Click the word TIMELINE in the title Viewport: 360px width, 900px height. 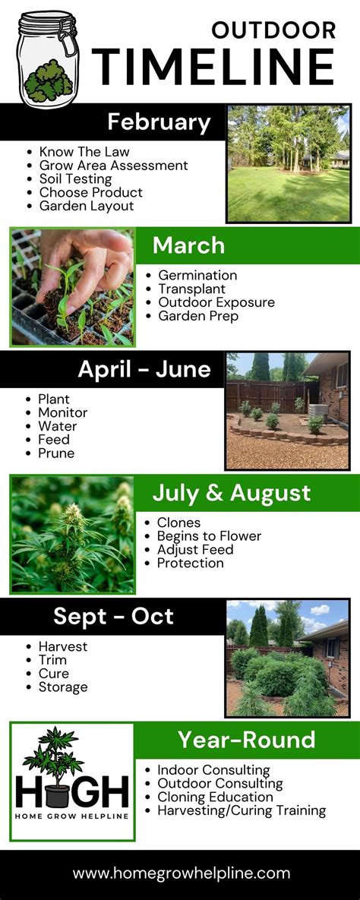pos(213,67)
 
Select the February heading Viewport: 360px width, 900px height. pos(159,123)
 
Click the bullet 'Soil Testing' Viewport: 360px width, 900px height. pos(75,179)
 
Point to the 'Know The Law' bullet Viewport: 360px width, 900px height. pos(84,152)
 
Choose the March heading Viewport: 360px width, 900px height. pos(188,245)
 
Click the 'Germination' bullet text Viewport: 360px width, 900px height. pos(197,276)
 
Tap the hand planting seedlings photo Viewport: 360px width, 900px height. pos(73,288)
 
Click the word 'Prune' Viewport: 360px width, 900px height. pos(56,453)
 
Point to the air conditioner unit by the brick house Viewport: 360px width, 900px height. pos(317,412)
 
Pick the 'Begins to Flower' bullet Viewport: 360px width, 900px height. pos(209,536)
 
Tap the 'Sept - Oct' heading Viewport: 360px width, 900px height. pos(114,617)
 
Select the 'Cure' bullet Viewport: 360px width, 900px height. pos(53,673)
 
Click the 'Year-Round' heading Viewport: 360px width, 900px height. pos(246,740)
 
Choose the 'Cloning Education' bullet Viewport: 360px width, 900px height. pos(215,797)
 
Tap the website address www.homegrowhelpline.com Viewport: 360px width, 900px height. pos(181,874)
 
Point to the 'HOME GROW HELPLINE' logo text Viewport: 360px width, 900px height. pos(72,816)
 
